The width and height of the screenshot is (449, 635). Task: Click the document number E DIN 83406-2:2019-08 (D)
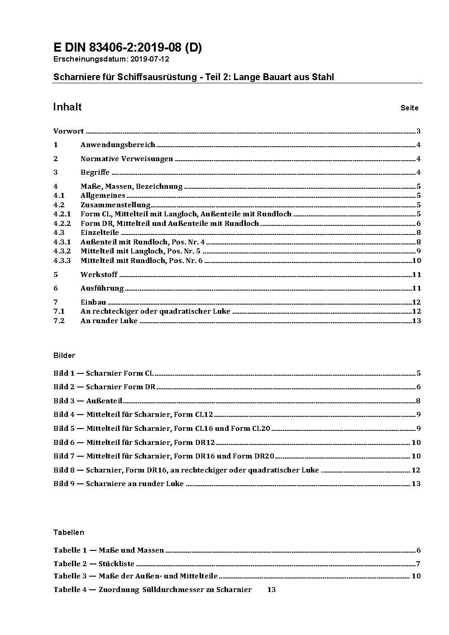128,48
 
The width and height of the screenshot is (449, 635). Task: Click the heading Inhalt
67,107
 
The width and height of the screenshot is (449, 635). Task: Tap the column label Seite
409,108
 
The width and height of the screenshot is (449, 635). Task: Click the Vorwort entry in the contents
68,131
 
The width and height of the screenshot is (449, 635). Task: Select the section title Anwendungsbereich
118,145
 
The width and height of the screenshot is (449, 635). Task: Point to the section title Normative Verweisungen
127,159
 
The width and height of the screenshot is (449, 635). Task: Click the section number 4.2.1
62,214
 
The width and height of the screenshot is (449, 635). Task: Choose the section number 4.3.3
62,261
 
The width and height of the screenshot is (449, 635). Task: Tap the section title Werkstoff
99,275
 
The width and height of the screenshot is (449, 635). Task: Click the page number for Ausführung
416,288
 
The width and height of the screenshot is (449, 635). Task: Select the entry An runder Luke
109,321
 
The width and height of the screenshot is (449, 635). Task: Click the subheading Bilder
64,356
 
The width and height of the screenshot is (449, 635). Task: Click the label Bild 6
64,443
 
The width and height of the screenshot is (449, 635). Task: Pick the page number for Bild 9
416,484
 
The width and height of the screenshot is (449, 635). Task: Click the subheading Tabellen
69,533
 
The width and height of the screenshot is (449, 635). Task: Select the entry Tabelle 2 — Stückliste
94,564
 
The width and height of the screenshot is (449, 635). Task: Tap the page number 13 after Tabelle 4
272,590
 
